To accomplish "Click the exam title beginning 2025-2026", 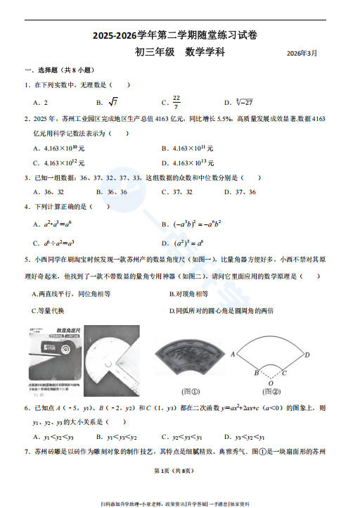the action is [x=179, y=36].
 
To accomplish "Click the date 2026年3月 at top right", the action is [x=302, y=53].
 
